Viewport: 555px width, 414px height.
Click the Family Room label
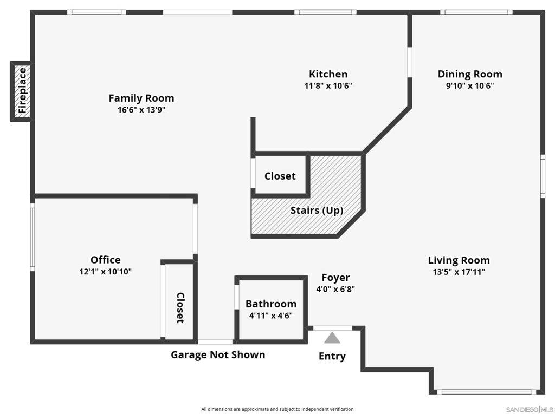click(x=141, y=98)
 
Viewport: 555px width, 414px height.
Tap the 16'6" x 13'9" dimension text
click(x=141, y=110)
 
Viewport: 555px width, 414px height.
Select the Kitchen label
click(x=328, y=74)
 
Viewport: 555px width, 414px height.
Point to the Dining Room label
click(x=470, y=74)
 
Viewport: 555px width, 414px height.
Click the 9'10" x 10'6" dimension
click(x=470, y=86)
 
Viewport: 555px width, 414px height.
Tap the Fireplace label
click(x=22, y=91)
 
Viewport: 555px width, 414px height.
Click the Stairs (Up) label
click(x=317, y=211)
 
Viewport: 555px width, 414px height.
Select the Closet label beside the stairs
click(x=280, y=176)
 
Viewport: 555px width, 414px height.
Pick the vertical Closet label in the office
click(x=180, y=307)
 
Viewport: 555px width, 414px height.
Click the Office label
click(x=106, y=260)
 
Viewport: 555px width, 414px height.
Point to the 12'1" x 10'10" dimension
click(x=106, y=272)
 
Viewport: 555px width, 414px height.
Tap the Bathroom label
click(x=271, y=304)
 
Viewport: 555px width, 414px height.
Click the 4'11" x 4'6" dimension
click(x=271, y=316)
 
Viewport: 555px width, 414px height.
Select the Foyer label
click(x=335, y=278)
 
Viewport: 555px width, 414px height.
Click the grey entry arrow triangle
click(x=332, y=338)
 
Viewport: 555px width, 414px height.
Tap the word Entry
click(x=332, y=356)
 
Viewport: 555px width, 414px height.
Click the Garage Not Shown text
click(x=218, y=354)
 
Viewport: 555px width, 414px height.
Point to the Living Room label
click(x=459, y=260)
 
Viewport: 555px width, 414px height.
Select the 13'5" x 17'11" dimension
click(x=459, y=272)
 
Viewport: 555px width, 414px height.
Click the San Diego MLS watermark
click(x=530, y=410)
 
